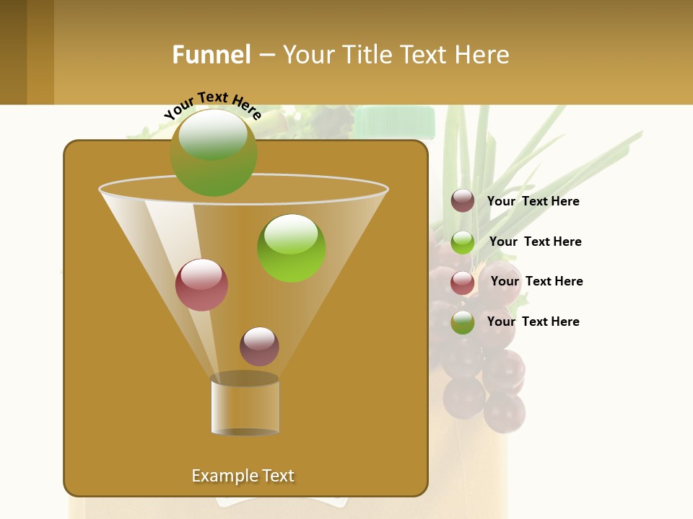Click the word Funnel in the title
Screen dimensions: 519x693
211,55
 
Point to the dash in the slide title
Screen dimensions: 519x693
266,56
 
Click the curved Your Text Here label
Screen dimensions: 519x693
213,104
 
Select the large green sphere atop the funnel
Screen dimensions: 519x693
214,152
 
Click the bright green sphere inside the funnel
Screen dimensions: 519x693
292,248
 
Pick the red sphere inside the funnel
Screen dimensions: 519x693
201,285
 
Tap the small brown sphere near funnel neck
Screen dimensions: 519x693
259,347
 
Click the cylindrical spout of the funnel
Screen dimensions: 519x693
245,405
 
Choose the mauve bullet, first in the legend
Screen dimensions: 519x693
463,201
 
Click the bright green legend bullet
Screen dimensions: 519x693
463,242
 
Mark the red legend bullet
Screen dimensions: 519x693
463,283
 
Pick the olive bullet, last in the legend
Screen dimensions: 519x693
463,322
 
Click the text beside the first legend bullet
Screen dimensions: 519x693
533,201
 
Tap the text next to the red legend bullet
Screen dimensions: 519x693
536,281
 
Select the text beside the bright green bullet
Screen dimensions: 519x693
535,241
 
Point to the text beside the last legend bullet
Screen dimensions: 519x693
533,321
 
